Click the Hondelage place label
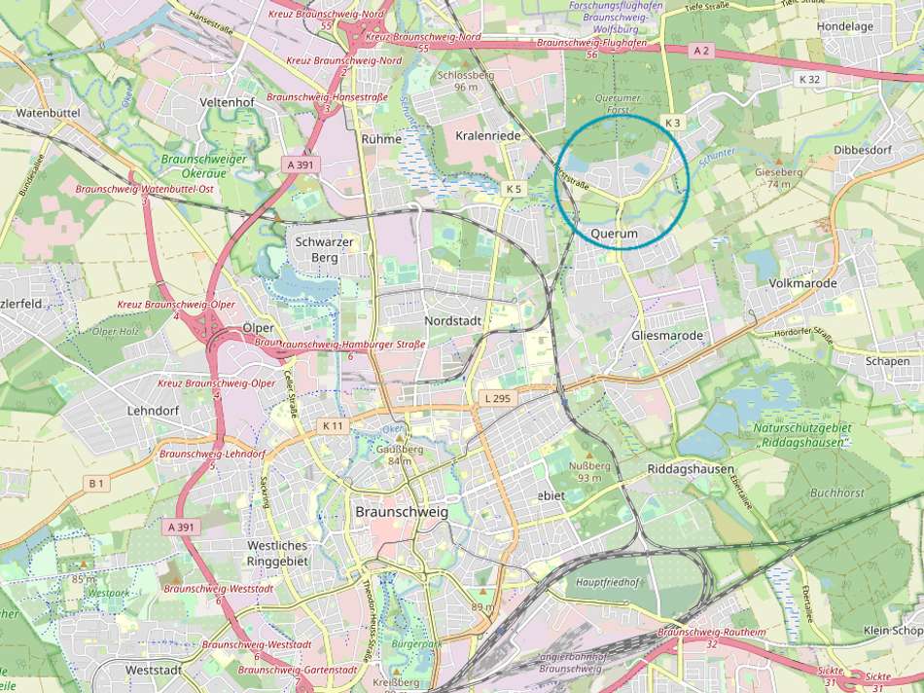click(x=845, y=26)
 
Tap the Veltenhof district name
click(x=226, y=102)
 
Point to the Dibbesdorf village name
click(x=862, y=150)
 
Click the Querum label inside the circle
click(x=614, y=235)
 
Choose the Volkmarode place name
click(x=802, y=283)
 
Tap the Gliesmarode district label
click(x=666, y=336)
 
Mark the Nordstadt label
click(x=454, y=319)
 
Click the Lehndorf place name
click(x=153, y=411)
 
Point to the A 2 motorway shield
click(x=702, y=49)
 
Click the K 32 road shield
click(x=808, y=79)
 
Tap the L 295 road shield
click(x=497, y=399)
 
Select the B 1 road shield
click(x=95, y=483)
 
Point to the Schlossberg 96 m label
click(x=466, y=81)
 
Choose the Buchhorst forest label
click(x=836, y=493)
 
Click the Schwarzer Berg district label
click(x=316, y=248)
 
